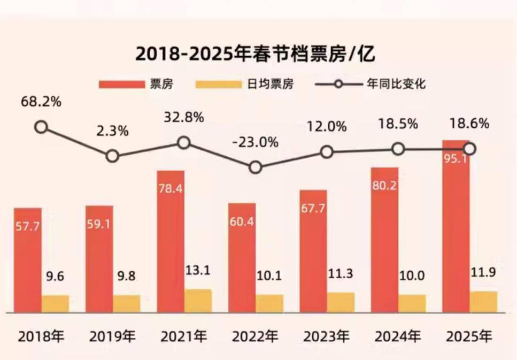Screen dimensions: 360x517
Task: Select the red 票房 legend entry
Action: pos(136,85)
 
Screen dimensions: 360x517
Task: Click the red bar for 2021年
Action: pos(170,241)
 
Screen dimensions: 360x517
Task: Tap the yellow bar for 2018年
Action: pos(56,303)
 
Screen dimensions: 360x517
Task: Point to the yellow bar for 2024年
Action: pos(412,303)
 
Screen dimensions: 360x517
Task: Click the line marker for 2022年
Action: pos(256,167)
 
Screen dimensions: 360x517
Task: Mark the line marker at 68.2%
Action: pos(41,127)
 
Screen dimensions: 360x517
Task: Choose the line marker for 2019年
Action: pos(112,156)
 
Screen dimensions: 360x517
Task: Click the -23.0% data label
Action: pos(256,143)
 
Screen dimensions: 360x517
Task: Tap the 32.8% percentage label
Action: pos(183,118)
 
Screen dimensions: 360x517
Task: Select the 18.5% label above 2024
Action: pos(398,125)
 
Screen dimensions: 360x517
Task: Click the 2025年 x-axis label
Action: pos(469,337)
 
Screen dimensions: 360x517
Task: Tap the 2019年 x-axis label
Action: pos(112,337)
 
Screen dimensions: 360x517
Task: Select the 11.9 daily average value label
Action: pos(484,272)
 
